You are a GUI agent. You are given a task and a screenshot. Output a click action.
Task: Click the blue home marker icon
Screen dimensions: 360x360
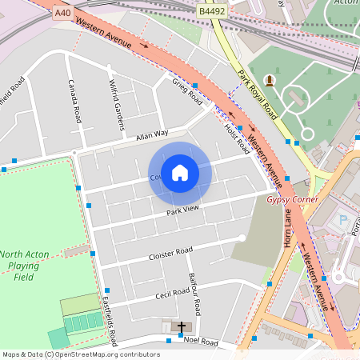pyautogui.click(x=180, y=173)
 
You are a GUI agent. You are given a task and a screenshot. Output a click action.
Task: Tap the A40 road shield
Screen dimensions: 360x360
pyautogui.click(x=62, y=14)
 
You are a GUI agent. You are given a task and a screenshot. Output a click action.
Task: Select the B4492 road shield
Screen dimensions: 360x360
pyautogui.click(x=212, y=10)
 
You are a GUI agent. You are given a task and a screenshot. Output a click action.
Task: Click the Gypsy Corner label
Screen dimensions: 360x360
pyautogui.click(x=292, y=199)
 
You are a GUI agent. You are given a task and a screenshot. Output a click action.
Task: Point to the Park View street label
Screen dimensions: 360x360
pyautogui.click(x=182, y=210)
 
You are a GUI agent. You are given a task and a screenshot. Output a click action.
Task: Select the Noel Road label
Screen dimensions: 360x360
pyautogui.click(x=200, y=342)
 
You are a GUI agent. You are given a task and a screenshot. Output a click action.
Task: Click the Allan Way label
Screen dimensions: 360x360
pyautogui.click(x=152, y=134)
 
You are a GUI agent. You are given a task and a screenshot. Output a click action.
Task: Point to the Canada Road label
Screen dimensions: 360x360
pyautogui.click(x=75, y=101)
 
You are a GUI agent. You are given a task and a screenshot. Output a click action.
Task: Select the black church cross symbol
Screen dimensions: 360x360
pyautogui.click(x=182, y=327)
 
